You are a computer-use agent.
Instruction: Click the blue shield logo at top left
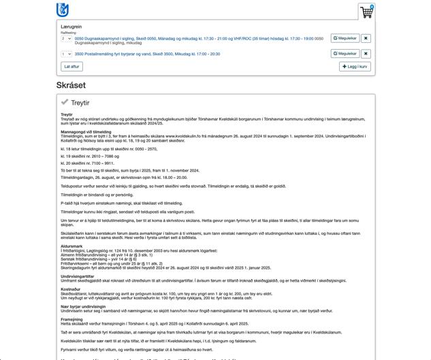pyautogui.click(x=63, y=10)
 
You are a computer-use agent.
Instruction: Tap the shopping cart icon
pyautogui.click(x=366, y=12)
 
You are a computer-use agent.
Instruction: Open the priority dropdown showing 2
pyautogui.click(x=65, y=39)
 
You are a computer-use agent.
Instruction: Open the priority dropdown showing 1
pyautogui.click(x=65, y=53)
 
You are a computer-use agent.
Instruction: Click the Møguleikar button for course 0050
pyautogui.click(x=345, y=39)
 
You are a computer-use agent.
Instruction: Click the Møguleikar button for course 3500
pyautogui.click(x=345, y=53)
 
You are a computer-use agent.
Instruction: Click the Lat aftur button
pyautogui.click(x=71, y=67)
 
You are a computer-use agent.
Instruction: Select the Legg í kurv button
pyautogui.click(x=355, y=67)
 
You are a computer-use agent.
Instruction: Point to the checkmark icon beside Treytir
pyautogui.click(x=65, y=102)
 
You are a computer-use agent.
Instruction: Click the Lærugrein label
pyautogui.click(x=71, y=26)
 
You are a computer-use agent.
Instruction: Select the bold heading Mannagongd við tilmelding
pyautogui.click(x=86, y=131)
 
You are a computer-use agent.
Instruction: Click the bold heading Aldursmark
pyautogui.click(x=71, y=246)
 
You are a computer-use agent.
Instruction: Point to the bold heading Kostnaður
pyautogui.click(x=71, y=288)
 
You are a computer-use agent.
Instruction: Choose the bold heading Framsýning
pyautogui.click(x=72, y=318)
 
